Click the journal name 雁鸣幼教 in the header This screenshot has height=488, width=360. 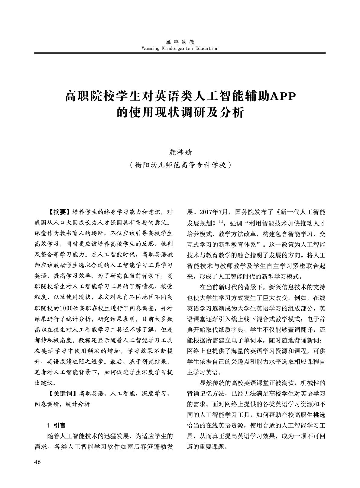tap(180, 42)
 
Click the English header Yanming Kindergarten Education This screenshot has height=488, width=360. tap(180, 48)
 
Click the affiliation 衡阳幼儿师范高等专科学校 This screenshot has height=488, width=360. tap(180, 165)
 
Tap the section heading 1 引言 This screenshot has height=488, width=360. tap(57, 425)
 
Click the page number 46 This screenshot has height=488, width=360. tap(37, 462)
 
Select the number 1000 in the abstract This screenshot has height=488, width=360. tap(66, 309)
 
